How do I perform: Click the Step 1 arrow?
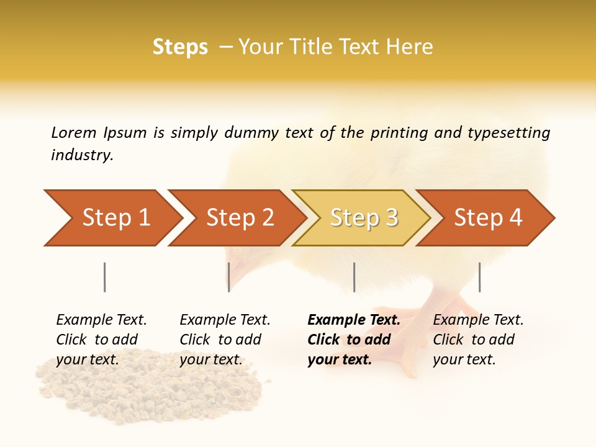(x=112, y=218)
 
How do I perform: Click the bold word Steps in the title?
(x=180, y=47)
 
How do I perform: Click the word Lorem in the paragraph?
(x=73, y=132)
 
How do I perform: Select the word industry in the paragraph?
(x=81, y=155)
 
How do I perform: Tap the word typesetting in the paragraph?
(x=508, y=132)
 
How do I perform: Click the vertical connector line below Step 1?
(x=105, y=277)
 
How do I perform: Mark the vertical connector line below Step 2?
(x=229, y=277)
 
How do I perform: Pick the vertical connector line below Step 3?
(x=354, y=277)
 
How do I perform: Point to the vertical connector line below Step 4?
(x=479, y=277)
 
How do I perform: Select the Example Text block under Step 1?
(x=101, y=340)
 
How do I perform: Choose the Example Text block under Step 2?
(x=225, y=340)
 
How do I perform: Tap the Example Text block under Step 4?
(x=478, y=340)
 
